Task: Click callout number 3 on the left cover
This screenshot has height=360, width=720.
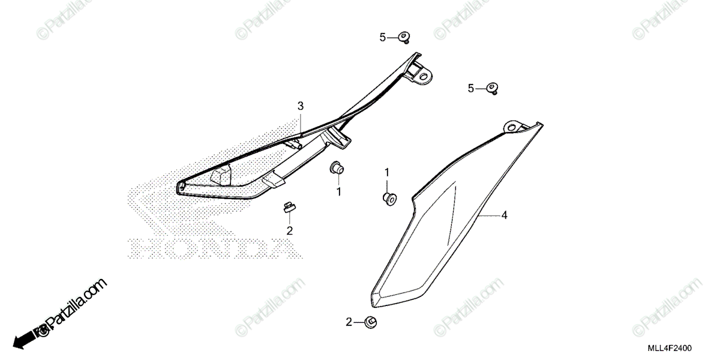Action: point(301,106)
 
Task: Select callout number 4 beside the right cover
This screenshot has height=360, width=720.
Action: point(505,215)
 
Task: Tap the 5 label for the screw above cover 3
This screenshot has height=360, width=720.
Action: point(383,37)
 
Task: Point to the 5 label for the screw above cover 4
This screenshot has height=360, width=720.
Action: point(472,89)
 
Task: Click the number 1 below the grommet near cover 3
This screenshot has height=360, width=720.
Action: point(338,191)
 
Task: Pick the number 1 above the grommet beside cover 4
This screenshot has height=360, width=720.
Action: point(387,173)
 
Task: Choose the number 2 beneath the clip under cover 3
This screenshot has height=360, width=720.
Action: point(289,230)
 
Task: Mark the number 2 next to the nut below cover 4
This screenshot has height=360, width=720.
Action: point(349,322)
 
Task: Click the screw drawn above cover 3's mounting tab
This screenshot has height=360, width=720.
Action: point(404,38)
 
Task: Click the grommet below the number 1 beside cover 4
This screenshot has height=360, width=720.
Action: point(389,199)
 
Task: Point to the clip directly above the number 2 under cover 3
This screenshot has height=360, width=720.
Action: point(289,208)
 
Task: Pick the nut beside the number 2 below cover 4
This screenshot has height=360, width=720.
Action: point(370,322)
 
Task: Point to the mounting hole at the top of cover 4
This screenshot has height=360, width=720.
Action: point(511,127)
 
